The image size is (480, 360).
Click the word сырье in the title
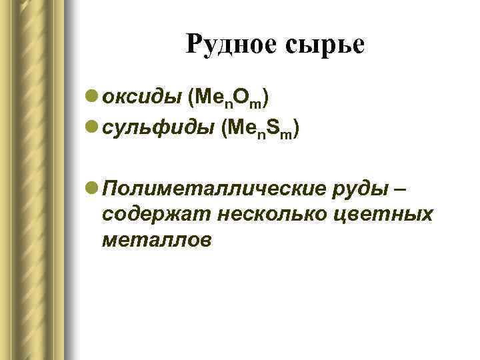click(326, 45)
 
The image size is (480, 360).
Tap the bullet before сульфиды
click(94, 126)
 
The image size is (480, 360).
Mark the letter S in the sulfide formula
click(274, 126)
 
